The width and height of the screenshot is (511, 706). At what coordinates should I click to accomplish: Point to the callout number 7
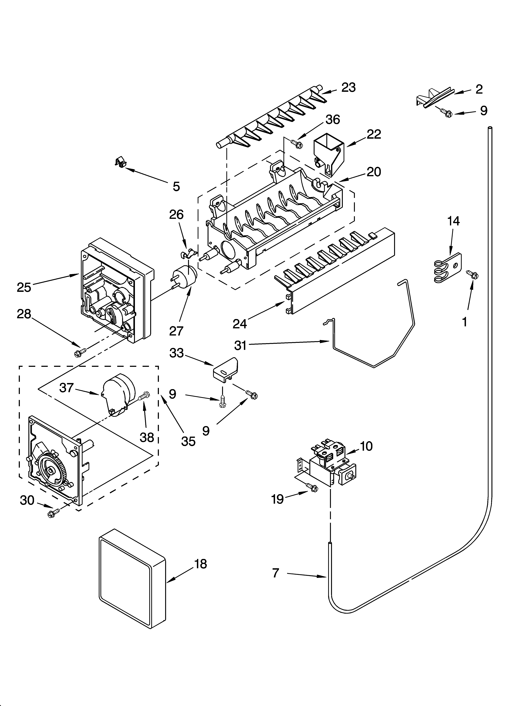click(x=276, y=573)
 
